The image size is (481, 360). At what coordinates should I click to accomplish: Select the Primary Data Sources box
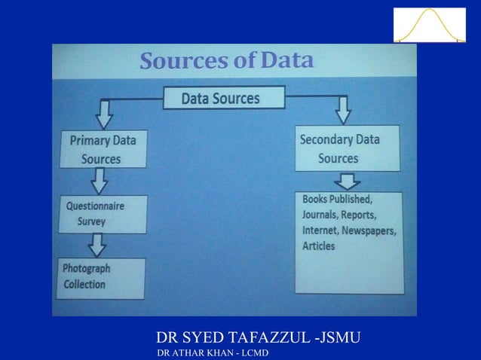click(x=103, y=149)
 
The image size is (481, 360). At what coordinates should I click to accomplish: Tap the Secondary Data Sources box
click(x=347, y=148)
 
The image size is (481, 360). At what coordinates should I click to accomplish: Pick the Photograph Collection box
click(x=100, y=276)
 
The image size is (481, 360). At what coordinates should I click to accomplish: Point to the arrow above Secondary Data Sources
click(x=343, y=110)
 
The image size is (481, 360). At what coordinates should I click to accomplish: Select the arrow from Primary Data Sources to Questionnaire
click(x=100, y=181)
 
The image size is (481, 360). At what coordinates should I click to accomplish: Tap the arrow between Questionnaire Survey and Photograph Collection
click(x=98, y=244)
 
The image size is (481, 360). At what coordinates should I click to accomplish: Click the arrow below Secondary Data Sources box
click(x=348, y=181)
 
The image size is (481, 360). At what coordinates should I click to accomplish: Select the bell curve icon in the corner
click(x=430, y=25)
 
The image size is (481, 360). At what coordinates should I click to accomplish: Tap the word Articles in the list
click(x=319, y=246)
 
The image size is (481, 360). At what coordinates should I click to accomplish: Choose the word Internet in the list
click(x=322, y=230)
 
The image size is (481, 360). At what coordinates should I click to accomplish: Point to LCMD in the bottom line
click(x=253, y=353)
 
